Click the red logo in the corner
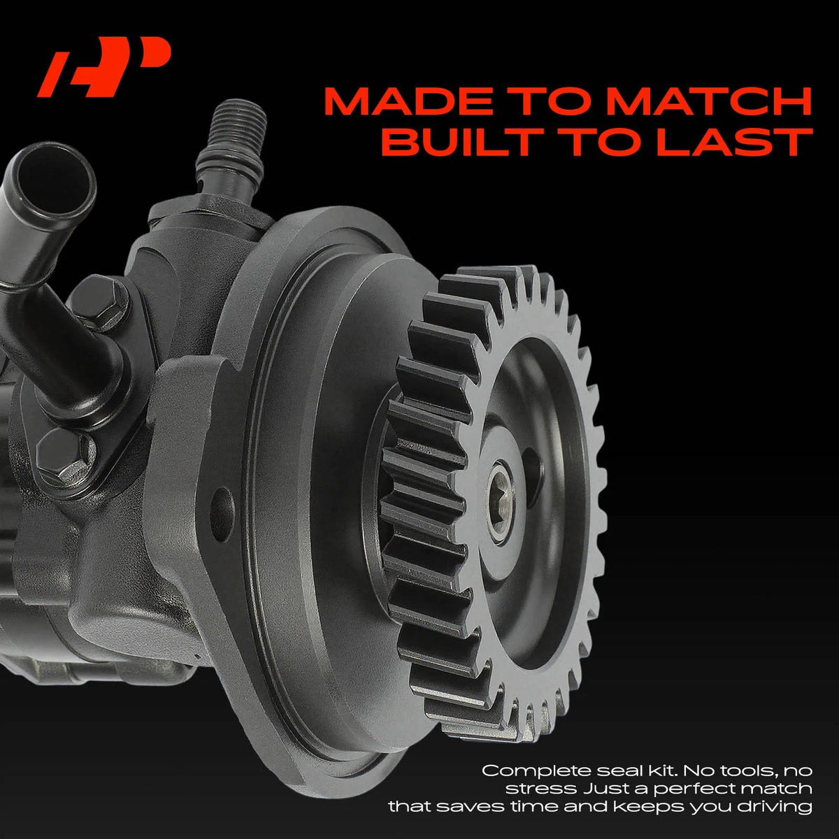(x=103, y=66)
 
